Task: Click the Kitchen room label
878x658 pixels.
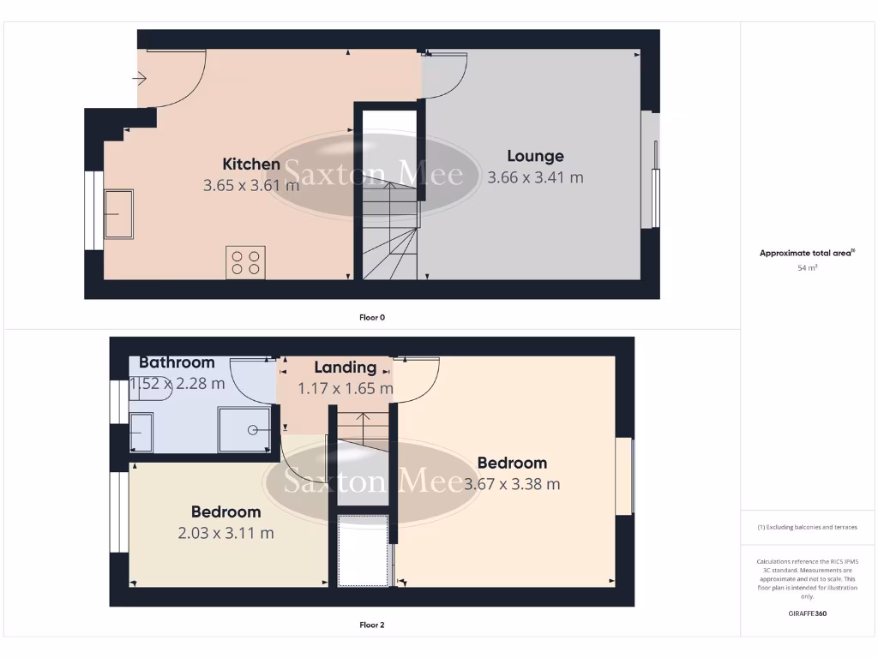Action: [251, 164]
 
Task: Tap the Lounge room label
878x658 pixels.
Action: [535, 156]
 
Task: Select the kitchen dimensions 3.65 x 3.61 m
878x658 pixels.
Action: [250, 185]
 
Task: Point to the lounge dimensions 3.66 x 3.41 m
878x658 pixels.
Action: [535, 177]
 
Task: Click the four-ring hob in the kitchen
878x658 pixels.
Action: [245, 262]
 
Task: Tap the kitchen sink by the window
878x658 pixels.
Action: [118, 214]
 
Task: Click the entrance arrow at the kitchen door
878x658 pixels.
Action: [140, 79]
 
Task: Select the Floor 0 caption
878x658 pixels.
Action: [372, 317]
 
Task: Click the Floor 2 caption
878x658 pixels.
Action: [372, 625]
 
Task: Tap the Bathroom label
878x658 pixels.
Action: [177, 362]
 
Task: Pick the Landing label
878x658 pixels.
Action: [345, 368]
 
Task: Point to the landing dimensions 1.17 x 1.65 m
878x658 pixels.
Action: [345, 388]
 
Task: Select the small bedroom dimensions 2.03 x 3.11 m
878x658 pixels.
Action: [226, 533]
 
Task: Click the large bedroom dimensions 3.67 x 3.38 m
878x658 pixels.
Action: [512, 484]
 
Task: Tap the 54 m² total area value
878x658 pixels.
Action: [807, 268]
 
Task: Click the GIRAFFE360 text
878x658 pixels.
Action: [807, 613]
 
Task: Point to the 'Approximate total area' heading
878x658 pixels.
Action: [807, 253]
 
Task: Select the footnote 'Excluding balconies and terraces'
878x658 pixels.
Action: [807, 527]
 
